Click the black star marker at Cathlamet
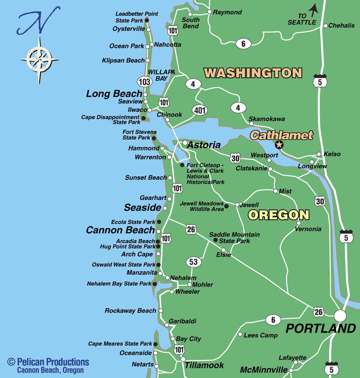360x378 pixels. [x=279, y=144]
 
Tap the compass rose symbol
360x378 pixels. [x=39, y=59]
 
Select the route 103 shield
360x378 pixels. [x=144, y=81]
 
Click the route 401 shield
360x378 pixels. [x=199, y=110]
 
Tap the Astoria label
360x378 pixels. [x=204, y=145]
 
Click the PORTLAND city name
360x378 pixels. [x=320, y=328]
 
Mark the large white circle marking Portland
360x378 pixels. [x=340, y=315]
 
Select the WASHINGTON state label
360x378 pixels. [x=252, y=72]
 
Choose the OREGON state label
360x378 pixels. [x=279, y=215]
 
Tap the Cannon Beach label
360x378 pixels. [x=120, y=230]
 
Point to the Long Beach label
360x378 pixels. [x=114, y=94]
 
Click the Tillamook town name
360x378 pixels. [x=204, y=365]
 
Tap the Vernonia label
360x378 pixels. [x=308, y=229]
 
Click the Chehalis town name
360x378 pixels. [x=341, y=26]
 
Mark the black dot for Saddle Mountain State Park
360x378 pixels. [x=215, y=240]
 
